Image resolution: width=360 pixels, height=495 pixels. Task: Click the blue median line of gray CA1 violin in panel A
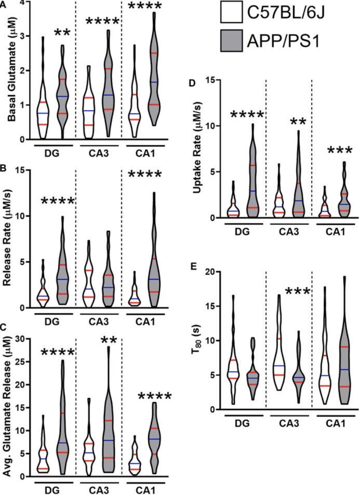click(x=154, y=83)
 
